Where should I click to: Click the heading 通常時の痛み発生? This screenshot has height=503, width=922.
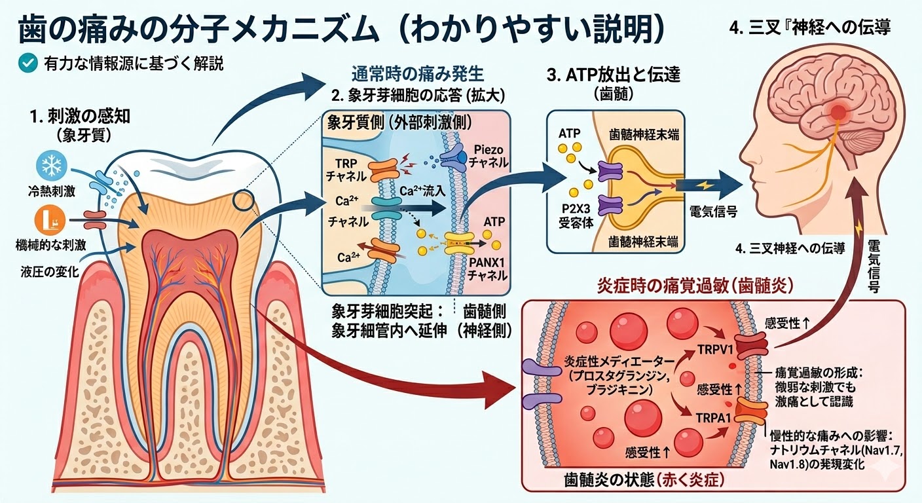pos(418,73)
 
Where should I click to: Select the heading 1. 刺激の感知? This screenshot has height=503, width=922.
pos(81,117)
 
